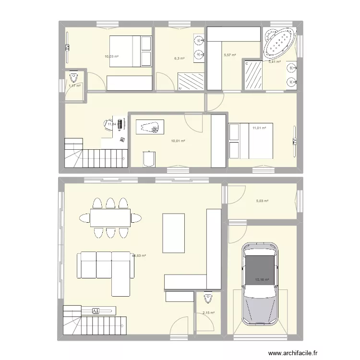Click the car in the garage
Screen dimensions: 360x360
click(x=259, y=283)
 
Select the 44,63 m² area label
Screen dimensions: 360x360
click(x=139, y=256)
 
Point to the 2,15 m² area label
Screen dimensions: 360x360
click(x=208, y=313)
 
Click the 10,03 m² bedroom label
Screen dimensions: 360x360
click(x=111, y=56)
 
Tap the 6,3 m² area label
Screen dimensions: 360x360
click(x=179, y=59)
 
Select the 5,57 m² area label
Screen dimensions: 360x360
click(x=230, y=55)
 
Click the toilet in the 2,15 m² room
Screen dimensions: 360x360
click(x=207, y=298)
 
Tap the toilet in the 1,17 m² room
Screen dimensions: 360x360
click(x=73, y=77)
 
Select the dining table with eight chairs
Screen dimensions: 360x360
click(x=110, y=217)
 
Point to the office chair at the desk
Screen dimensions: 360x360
click(x=108, y=123)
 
